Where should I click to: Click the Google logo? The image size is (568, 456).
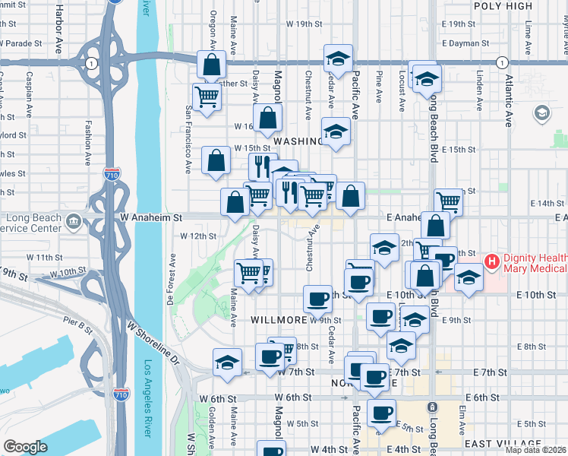(x=26, y=447)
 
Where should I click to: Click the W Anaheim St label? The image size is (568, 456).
(x=153, y=217)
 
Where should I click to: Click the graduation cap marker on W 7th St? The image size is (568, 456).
(x=227, y=362)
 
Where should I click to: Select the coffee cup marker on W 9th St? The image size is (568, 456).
(x=317, y=299)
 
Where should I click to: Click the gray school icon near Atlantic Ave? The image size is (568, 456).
(x=541, y=113)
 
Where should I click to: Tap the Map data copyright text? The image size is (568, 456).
(x=535, y=450)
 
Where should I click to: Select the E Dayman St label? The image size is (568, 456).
(x=468, y=43)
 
